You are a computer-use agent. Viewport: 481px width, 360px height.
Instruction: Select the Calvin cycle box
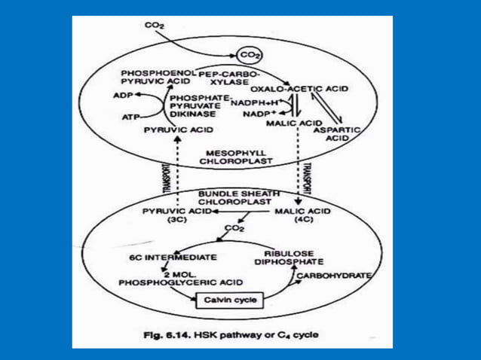[226, 301]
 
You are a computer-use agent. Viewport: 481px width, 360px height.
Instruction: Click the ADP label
[121, 96]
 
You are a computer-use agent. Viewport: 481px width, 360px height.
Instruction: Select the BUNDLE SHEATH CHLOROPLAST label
[233, 197]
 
